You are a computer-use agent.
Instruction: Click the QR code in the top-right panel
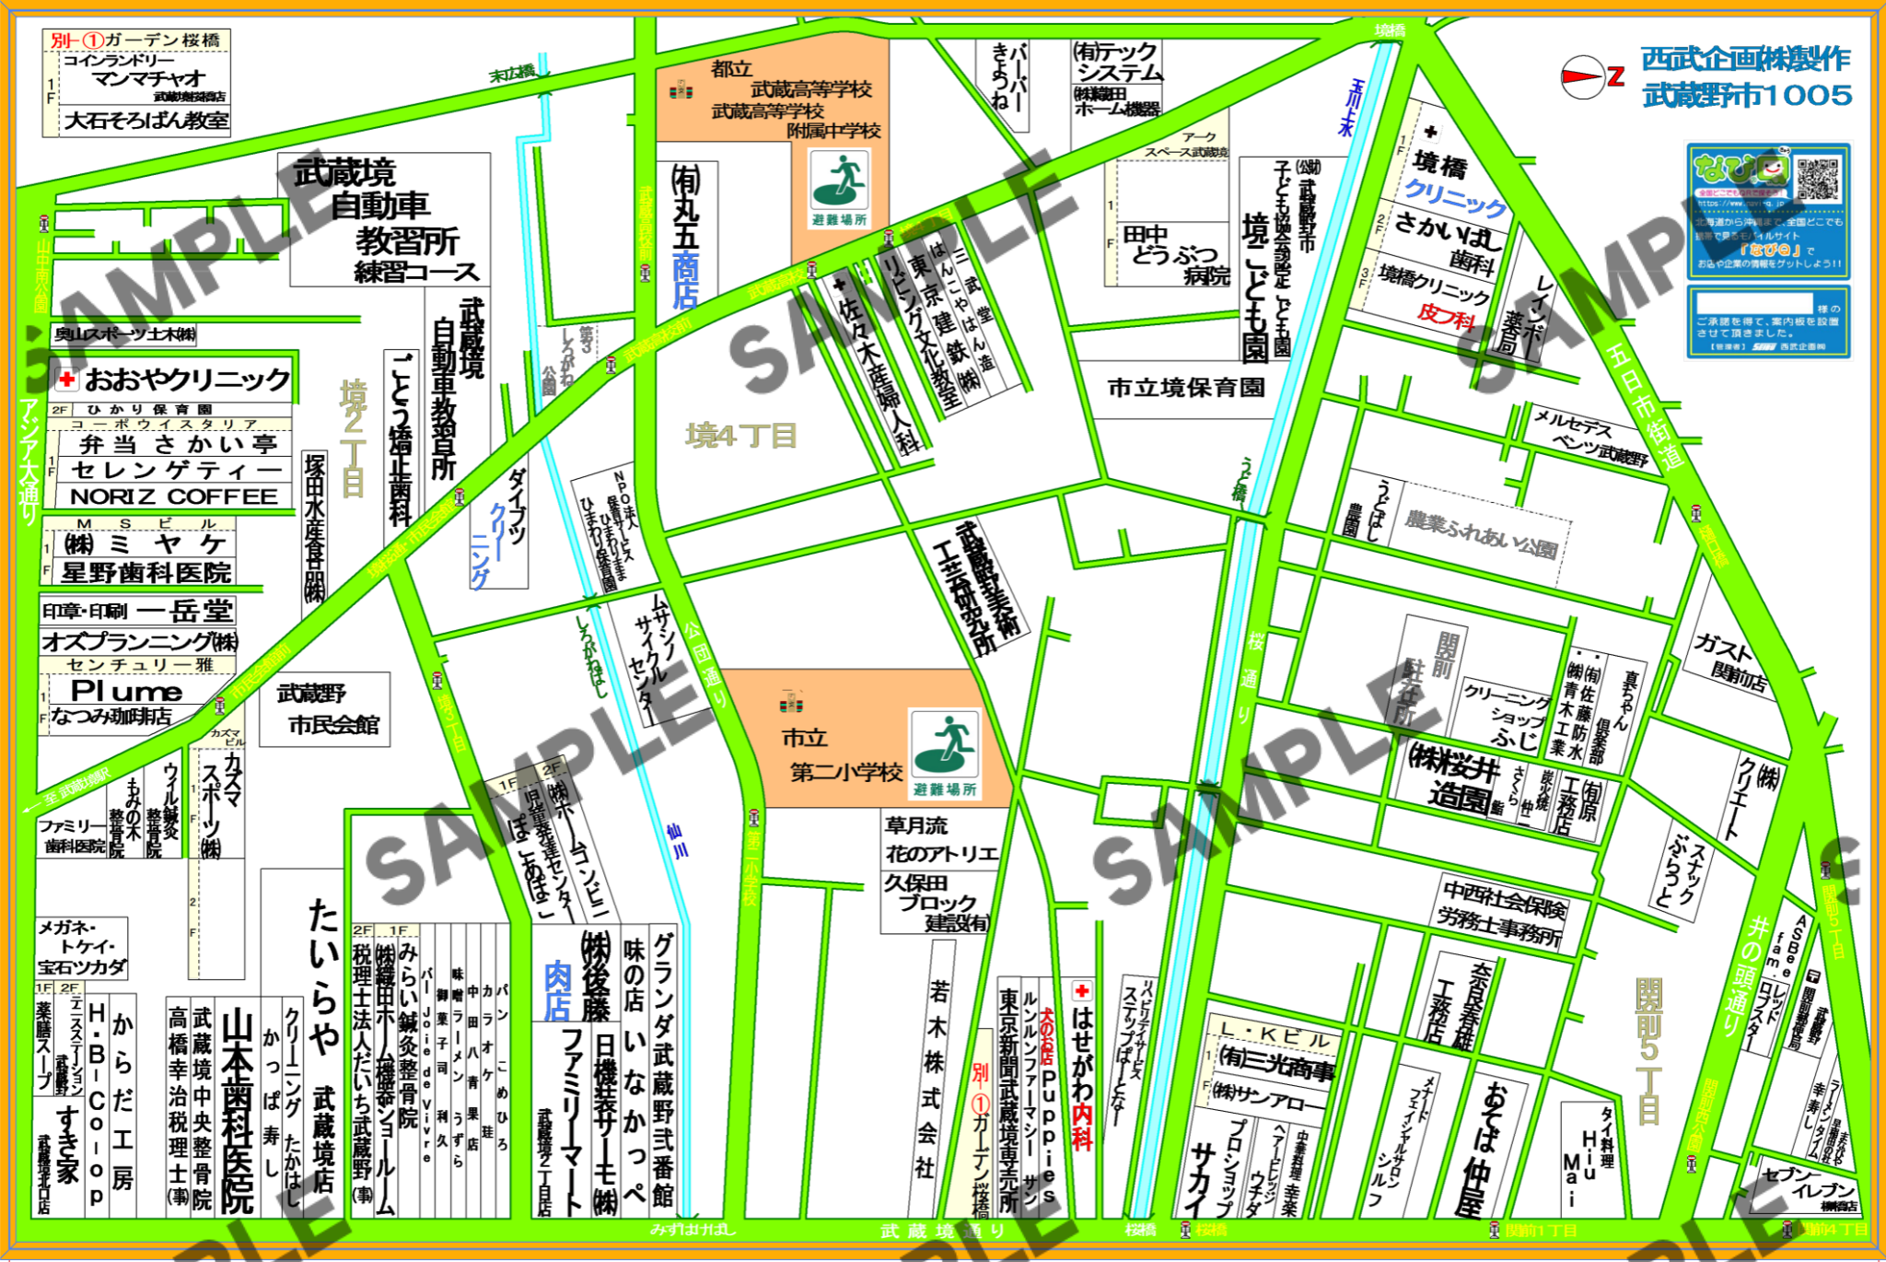(1817, 179)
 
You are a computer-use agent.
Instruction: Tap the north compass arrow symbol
(1583, 76)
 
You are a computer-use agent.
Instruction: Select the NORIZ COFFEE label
(173, 497)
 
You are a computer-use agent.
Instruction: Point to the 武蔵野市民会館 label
(325, 708)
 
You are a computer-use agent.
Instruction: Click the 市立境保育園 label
(1186, 388)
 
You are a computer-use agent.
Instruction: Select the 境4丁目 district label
(741, 436)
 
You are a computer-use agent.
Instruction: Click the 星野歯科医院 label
(146, 573)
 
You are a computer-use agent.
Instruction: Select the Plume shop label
(127, 691)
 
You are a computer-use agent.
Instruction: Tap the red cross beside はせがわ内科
(1082, 991)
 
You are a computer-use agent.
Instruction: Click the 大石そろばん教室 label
(146, 121)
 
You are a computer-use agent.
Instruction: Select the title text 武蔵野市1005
(1747, 95)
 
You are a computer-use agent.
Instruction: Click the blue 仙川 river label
(677, 840)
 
